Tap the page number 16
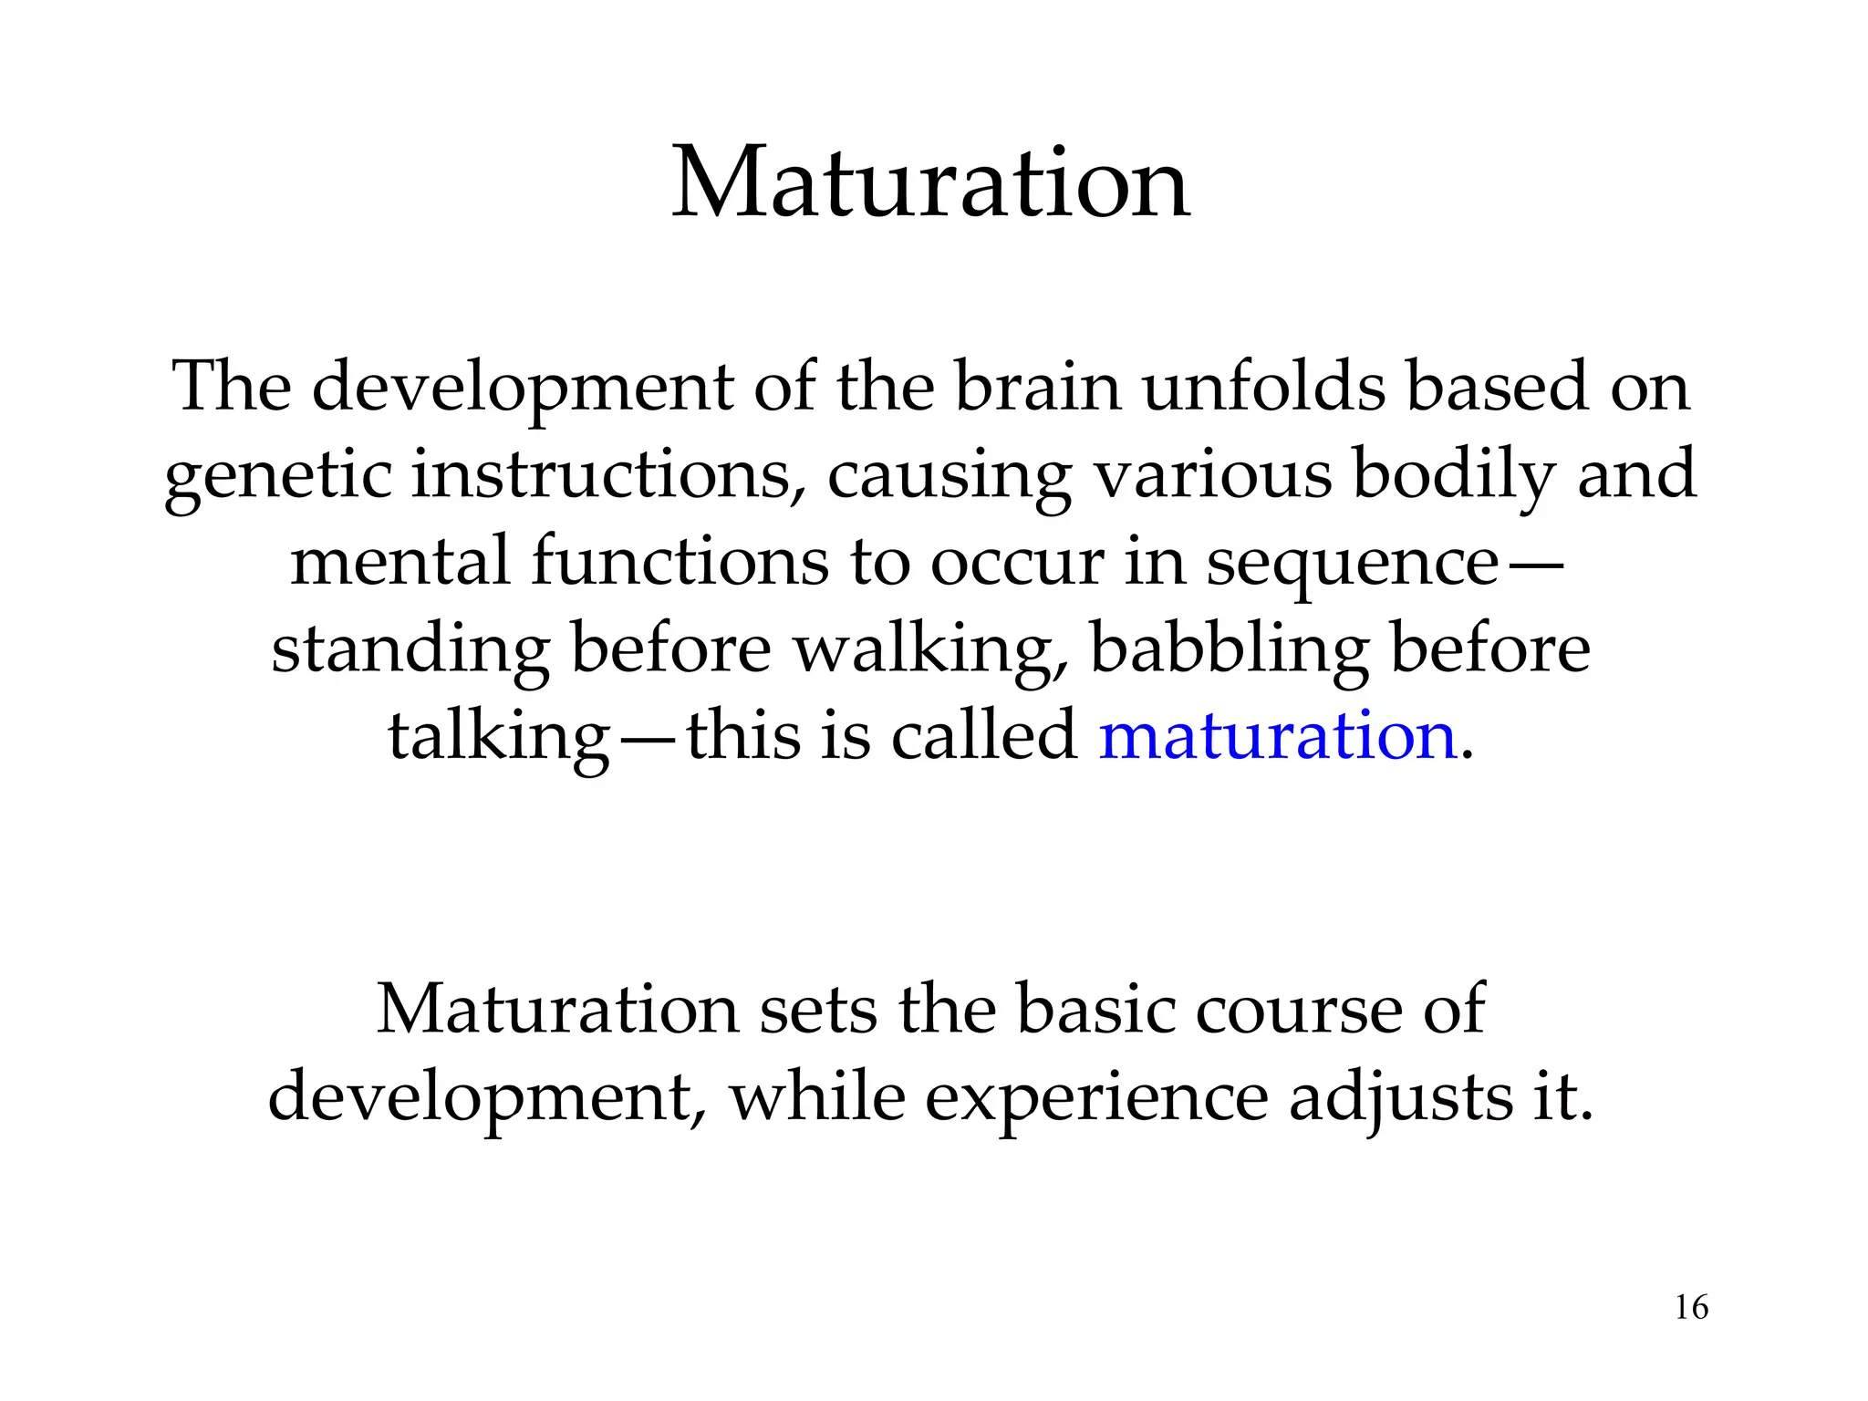(1692, 1307)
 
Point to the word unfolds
(1263, 387)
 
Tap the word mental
(400, 561)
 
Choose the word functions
(680, 561)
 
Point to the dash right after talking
(649, 737)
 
